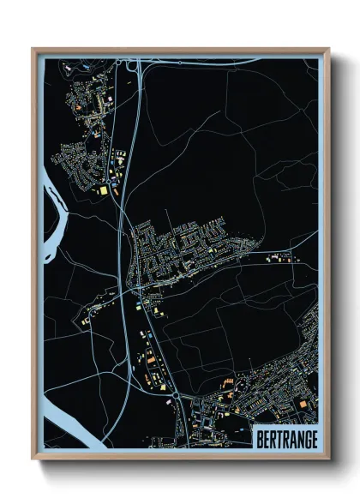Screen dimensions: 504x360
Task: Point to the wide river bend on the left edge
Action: (x=50, y=184)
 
